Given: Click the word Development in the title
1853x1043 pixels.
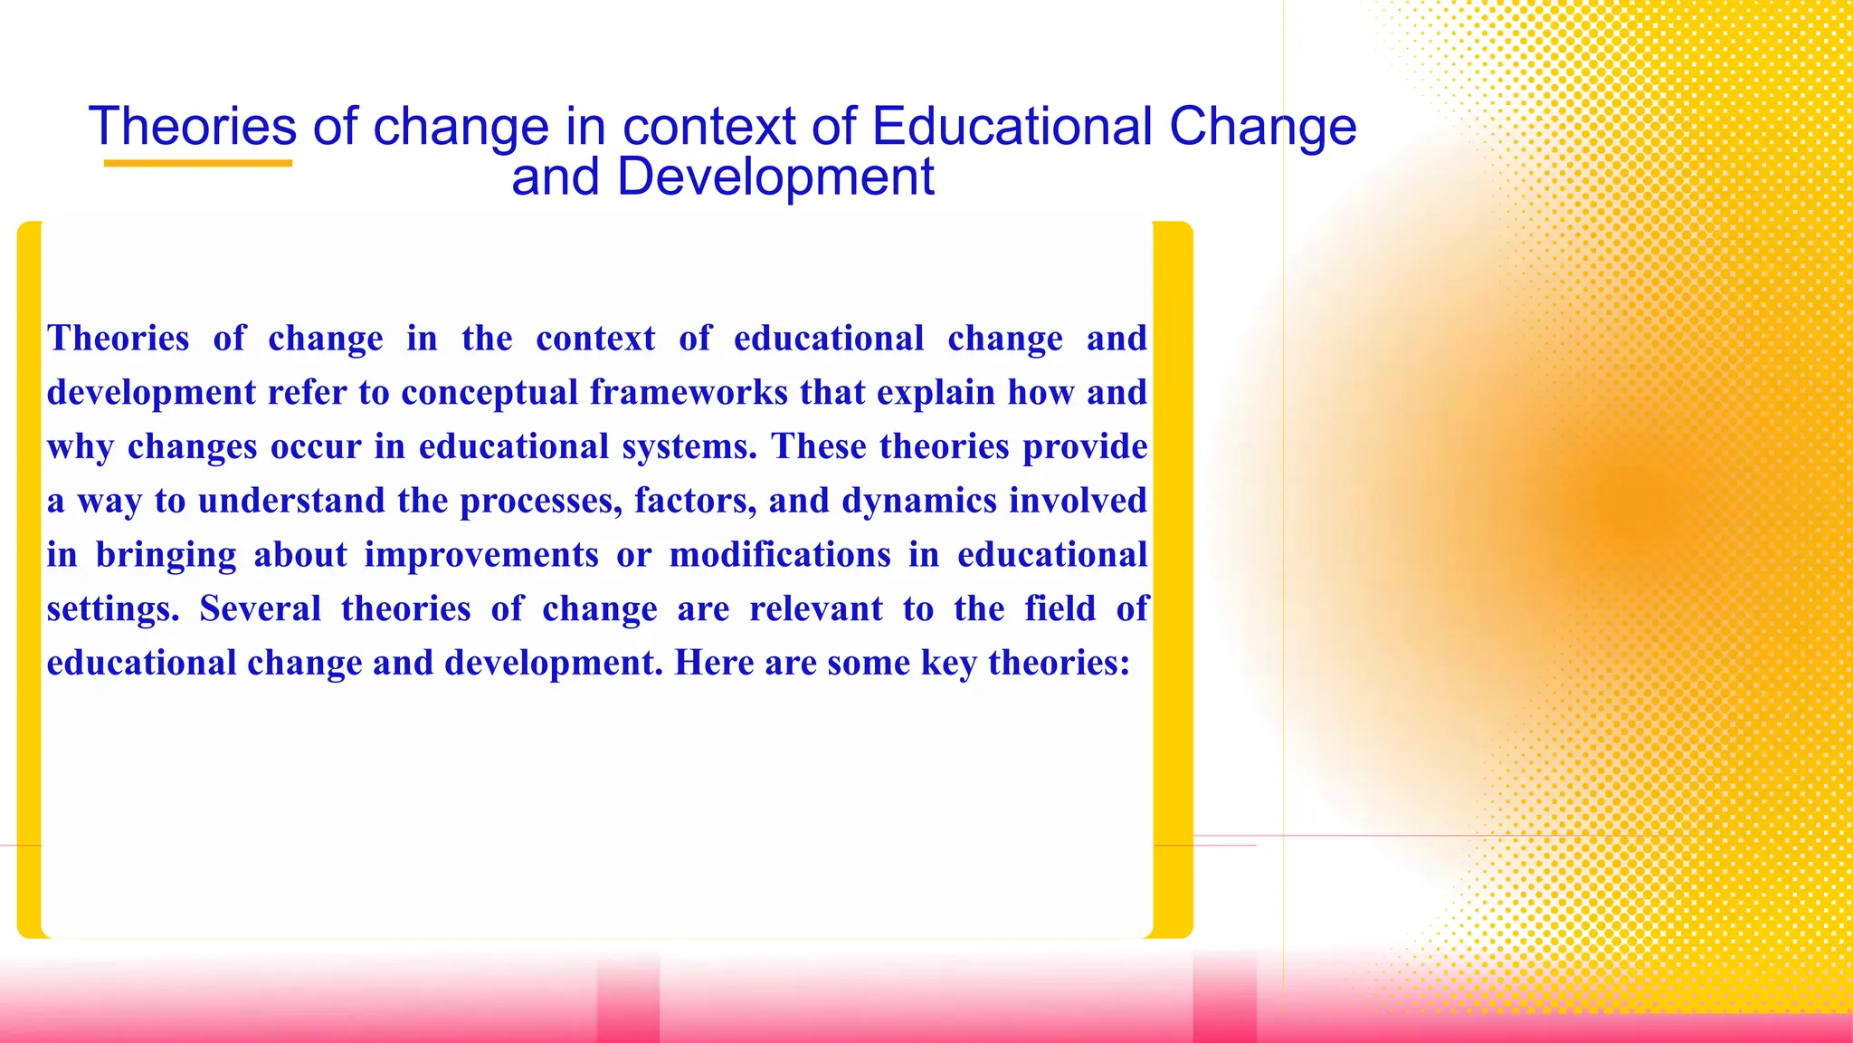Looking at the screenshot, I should tap(775, 177).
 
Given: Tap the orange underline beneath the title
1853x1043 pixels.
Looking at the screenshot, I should tap(197, 164).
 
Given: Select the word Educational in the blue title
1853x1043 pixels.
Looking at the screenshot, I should tap(1012, 126).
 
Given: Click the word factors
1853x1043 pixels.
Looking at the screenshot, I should tap(695, 501).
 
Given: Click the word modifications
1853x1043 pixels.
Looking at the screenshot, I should tap(780, 555).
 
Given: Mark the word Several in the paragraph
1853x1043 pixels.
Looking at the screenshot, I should tap(261, 608).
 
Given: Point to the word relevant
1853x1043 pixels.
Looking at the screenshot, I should tap(816, 608).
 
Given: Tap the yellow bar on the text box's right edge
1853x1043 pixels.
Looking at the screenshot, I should tap(1174, 579).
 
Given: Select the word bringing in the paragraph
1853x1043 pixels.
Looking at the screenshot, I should tap(166, 555).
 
